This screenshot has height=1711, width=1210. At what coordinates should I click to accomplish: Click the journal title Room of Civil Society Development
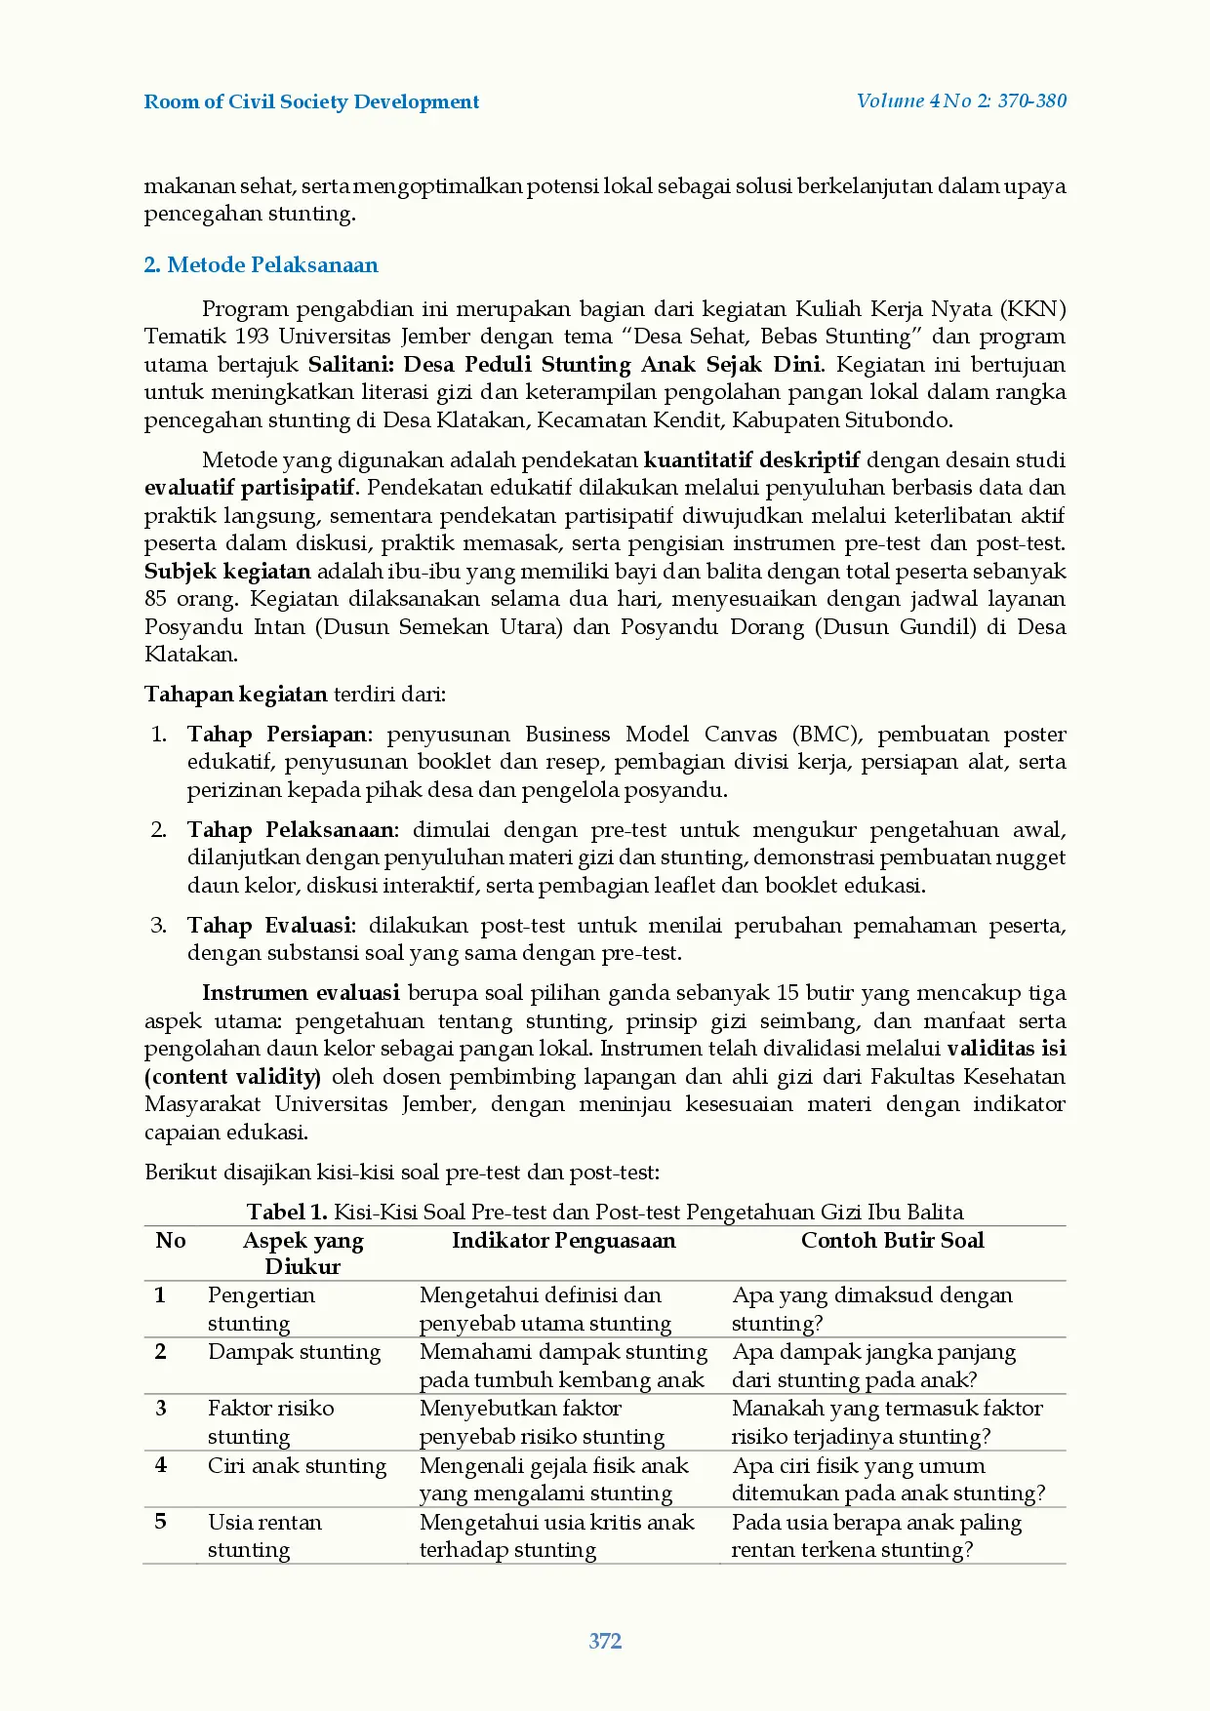click(311, 101)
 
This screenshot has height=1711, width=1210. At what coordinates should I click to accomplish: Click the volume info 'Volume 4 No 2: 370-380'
click(961, 100)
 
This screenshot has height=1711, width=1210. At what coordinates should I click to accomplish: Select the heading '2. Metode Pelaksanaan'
click(261, 265)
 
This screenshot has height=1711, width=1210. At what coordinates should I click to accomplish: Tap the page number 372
click(605, 1641)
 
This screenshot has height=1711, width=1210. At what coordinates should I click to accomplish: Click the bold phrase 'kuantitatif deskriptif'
click(751, 460)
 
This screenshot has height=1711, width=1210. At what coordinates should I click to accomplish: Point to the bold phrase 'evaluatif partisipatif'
click(252, 488)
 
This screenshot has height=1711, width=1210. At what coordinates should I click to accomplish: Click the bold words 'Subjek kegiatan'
click(227, 572)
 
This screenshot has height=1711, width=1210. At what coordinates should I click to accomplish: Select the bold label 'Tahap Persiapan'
click(278, 735)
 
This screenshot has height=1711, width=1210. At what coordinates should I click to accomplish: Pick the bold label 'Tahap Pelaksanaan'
click(291, 830)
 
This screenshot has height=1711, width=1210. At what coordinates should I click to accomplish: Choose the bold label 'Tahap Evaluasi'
click(270, 926)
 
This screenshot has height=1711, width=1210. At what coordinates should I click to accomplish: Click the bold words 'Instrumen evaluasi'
click(301, 993)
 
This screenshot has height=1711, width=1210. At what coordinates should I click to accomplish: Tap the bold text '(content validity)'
click(232, 1077)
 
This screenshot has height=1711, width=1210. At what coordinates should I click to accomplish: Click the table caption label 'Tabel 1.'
click(286, 1213)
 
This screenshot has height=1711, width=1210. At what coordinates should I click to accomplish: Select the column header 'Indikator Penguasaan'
click(563, 1241)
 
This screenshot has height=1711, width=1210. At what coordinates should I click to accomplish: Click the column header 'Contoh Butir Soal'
click(892, 1241)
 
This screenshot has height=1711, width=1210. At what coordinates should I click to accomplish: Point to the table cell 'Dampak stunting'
click(294, 1352)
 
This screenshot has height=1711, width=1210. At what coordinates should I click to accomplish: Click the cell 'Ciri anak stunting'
click(297, 1466)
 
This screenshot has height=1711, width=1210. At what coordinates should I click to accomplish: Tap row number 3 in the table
click(161, 1409)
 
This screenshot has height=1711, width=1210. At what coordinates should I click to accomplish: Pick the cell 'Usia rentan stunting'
click(264, 1535)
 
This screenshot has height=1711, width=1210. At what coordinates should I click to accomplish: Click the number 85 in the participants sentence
click(155, 599)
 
